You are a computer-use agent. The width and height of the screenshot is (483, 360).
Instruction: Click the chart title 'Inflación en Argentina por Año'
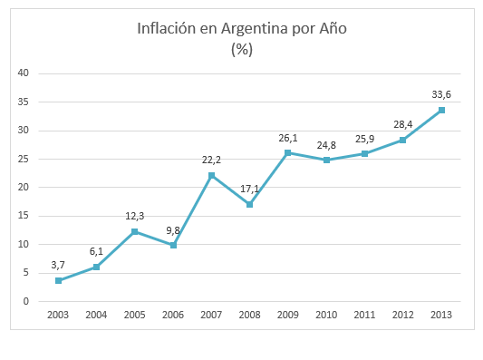coord(241,28)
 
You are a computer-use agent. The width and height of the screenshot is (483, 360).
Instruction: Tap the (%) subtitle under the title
coord(241,49)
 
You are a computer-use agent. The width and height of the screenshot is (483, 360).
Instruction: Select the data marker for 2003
coord(58,280)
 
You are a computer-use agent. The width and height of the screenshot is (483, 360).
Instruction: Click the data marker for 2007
coord(211,175)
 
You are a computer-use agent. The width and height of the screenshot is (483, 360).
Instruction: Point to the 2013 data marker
coord(441,110)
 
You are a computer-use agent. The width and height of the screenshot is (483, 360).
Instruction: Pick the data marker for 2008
coord(249,204)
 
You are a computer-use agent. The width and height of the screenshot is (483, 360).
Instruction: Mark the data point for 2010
coord(326,160)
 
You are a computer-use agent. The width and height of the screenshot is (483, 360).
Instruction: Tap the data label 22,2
coord(212,159)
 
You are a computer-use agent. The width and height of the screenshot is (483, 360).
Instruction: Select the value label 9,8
coord(173,229)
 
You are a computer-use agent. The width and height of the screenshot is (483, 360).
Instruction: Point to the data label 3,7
coord(58,264)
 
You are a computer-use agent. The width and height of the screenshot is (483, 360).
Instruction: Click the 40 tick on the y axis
coord(24,73)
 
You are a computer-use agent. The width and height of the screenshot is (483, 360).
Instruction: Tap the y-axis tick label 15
coord(24,216)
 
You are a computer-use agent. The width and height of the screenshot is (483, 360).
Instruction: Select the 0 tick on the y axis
coord(26,301)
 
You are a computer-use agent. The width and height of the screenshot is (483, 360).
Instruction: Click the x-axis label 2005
coord(135,315)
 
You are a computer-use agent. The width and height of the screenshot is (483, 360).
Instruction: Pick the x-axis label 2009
coord(288,315)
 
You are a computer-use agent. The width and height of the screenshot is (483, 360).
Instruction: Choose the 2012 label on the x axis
coord(403,315)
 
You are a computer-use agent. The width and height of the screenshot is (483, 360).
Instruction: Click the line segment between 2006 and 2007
coord(192,210)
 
